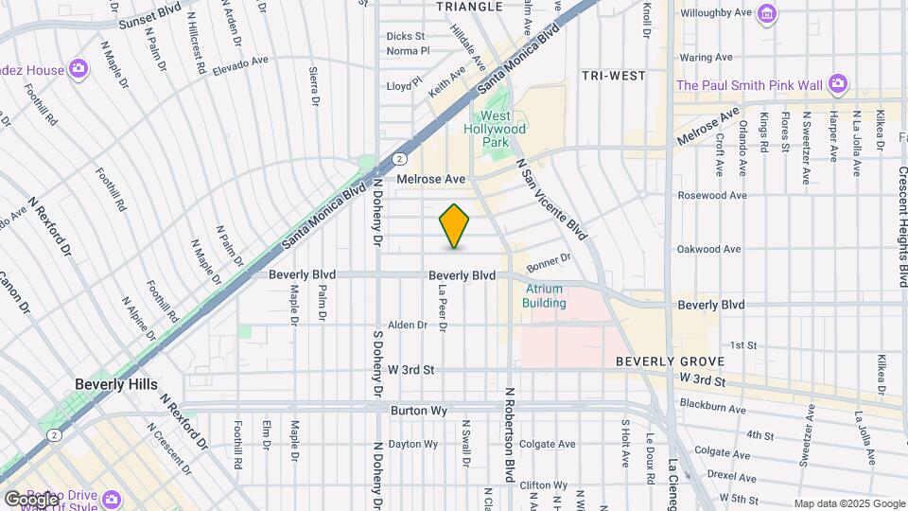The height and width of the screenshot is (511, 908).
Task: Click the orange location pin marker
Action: point(455,226)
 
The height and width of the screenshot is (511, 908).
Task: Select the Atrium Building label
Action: point(544,296)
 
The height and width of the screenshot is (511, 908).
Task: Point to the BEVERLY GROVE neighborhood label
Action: point(670,361)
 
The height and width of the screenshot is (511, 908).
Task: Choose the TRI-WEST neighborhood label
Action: point(613,76)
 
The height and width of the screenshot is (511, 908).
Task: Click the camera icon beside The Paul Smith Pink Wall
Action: point(837,85)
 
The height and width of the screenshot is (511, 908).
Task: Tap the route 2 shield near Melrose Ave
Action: point(401,159)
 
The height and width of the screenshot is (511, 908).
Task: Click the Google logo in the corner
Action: point(31,499)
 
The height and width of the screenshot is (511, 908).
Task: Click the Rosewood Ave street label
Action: point(711,196)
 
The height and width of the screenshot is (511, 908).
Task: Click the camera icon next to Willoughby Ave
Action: point(767,14)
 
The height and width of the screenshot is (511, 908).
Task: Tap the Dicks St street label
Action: point(405,36)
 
